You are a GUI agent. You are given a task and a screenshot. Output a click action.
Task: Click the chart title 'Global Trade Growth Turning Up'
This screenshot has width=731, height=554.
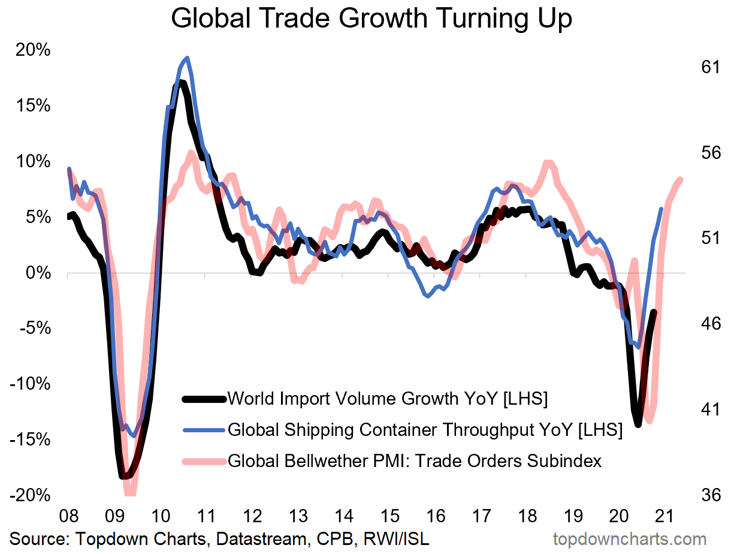pyautogui.click(x=371, y=19)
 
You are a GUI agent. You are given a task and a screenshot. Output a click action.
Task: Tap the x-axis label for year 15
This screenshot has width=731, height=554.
pyautogui.click(x=389, y=516)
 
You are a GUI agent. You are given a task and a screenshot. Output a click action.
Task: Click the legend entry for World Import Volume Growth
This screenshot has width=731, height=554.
pyautogui.click(x=388, y=398)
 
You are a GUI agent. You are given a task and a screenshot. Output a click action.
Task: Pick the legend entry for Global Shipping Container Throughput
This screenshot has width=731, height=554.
pyautogui.click(x=425, y=430)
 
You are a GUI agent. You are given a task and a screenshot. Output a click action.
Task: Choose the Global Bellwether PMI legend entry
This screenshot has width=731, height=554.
pyautogui.click(x=415, y=461)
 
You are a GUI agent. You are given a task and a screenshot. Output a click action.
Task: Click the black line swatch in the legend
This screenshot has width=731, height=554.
pyautogui.click(x=203, y=398)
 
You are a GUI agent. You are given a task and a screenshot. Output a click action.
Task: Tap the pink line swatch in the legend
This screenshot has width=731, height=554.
pyautogui.click(x=203, y=461)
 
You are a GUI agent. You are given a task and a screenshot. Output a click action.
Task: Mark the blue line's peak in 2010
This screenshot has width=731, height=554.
pyautogui.click(x=187, y=58)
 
